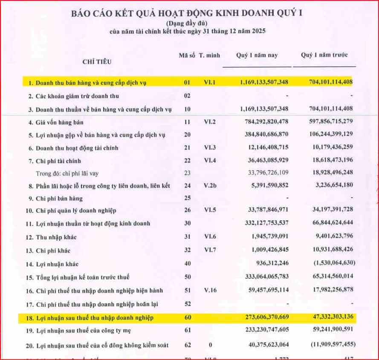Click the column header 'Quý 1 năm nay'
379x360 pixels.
(257, 55)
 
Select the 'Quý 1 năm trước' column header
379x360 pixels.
(324, 55)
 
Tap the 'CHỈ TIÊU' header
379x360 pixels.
(97, 61)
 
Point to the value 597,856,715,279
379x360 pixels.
(326, 121)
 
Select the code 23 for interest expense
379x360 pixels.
(187, 173)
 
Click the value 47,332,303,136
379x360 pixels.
(326, 318)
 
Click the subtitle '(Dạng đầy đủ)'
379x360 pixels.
(188, 22)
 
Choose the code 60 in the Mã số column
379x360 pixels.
(187, 318)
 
